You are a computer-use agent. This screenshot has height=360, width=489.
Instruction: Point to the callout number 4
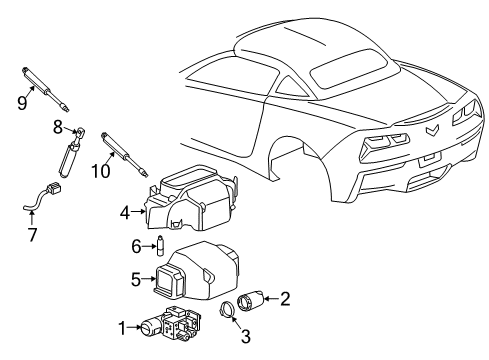(x=125, y=211)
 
